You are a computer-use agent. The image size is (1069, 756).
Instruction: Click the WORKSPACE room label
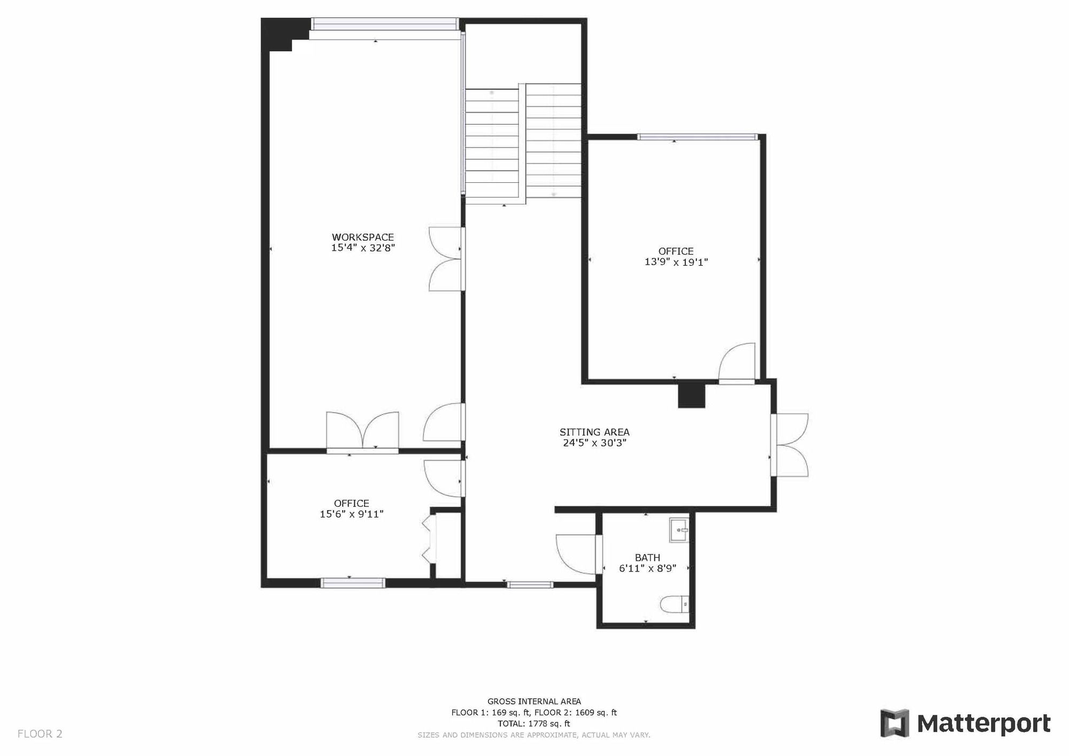point(363,237)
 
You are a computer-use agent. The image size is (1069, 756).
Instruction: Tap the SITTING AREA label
point(594,432)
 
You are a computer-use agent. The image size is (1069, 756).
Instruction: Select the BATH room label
point(647,558)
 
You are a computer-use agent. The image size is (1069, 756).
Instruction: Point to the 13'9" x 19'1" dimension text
point(676,262)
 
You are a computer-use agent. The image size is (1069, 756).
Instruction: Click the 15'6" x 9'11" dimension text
point(352,514)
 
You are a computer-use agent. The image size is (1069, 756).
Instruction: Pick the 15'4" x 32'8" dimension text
point(363,248)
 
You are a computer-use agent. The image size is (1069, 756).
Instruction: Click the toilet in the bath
point(675,605)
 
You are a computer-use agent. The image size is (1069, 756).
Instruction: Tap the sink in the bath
point(679,530)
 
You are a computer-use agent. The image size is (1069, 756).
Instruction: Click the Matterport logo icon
point(895,723)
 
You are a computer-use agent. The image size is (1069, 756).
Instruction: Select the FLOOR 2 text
point(40,734)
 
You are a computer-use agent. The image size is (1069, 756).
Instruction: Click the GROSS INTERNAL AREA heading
point(534,701)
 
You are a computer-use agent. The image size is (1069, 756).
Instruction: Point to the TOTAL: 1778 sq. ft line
point(534,724)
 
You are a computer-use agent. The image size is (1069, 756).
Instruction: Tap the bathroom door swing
point(576,554)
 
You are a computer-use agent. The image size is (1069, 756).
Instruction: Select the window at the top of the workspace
point(385,24)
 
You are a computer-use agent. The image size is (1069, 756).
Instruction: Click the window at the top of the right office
point(698,137)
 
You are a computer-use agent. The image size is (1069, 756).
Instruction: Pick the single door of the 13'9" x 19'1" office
point(737,362)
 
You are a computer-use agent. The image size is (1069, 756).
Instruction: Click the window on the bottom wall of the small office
point(353,583)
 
